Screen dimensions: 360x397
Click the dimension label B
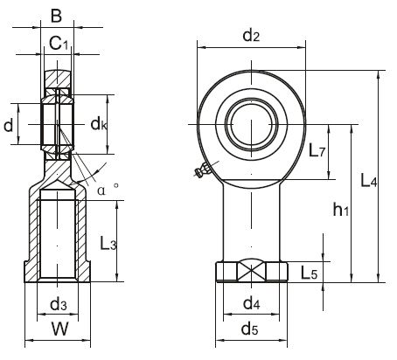(57, 15)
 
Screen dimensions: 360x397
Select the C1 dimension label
(59, 41)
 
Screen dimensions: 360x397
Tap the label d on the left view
(9, 126)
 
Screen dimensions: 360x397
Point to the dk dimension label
(98, 126)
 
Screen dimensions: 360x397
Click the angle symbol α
(101, 187)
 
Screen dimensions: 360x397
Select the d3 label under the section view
(58, 305)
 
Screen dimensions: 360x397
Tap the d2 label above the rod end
(251, 35)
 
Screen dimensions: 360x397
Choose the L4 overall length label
(369, 183)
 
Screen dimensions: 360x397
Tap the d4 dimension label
(251, 304)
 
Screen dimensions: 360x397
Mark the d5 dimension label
(251, 329)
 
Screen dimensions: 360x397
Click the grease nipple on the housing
(200, 173)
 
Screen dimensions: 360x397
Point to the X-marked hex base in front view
(251, 272)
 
